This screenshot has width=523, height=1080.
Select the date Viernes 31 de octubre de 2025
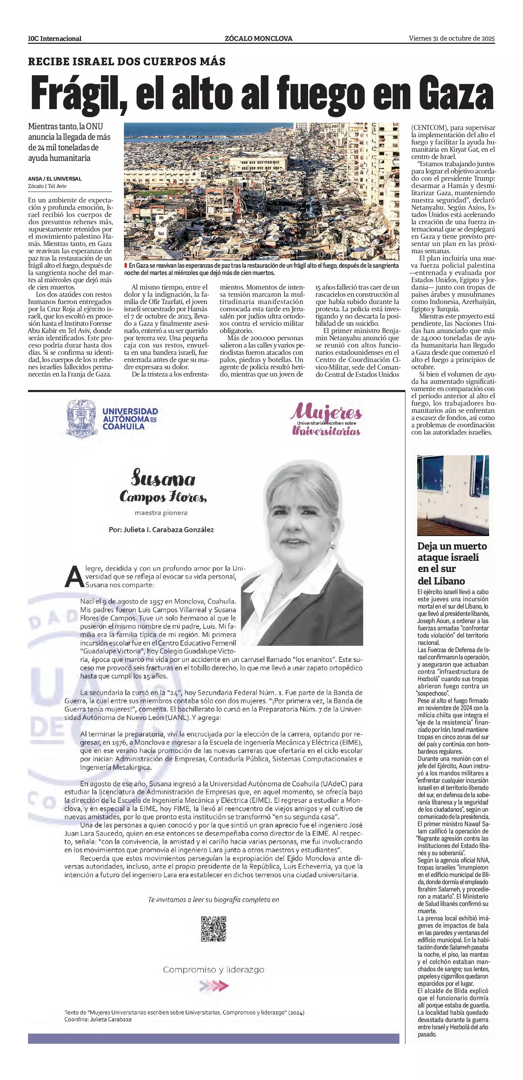point(452,38)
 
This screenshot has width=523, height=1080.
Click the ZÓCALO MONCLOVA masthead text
point(259,39)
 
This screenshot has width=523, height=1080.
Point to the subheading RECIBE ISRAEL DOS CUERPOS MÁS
point(127,62)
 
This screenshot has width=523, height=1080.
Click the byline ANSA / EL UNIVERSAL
point(55,179)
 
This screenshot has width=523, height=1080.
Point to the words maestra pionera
point(161,513)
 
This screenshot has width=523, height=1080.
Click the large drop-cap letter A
point(73,577)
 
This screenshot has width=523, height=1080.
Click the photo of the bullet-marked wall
point(453,495)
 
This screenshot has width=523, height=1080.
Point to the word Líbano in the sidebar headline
point(449,581)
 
